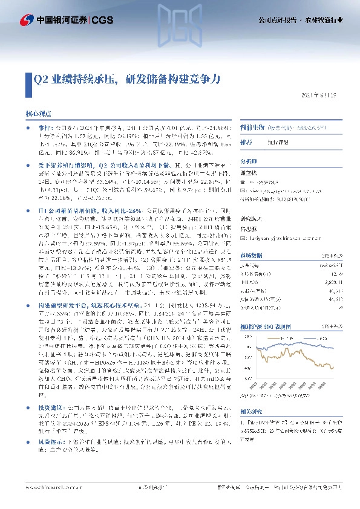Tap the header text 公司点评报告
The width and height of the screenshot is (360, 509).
[x=288, y=19]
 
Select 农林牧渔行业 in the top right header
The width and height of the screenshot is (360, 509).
[x=331, y=19]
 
